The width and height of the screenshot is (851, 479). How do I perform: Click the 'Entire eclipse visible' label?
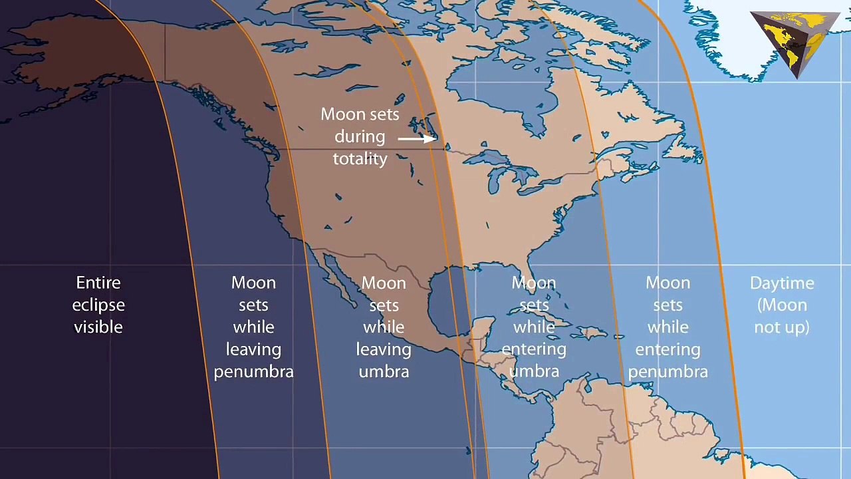98,305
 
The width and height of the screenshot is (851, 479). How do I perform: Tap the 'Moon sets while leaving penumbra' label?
253,327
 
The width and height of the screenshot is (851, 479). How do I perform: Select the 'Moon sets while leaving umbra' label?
384,327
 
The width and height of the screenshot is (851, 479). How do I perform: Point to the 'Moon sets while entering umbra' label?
534,327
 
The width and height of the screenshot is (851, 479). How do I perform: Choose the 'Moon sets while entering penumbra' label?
668,327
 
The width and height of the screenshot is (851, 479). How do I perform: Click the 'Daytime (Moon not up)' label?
782,305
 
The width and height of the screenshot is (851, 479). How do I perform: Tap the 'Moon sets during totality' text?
360,136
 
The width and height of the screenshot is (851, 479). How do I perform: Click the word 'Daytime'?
782,283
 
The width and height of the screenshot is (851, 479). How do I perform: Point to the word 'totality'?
360,158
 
